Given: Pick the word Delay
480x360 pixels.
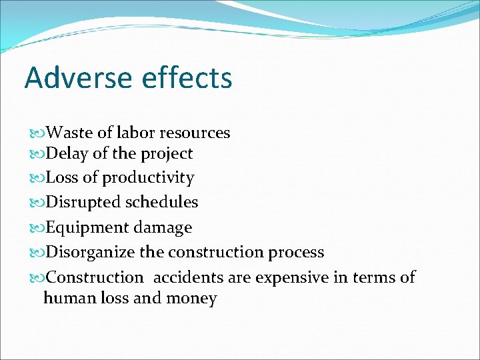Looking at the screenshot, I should click(x=67, y=153).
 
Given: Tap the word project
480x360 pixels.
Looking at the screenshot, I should click(x=167, y=154).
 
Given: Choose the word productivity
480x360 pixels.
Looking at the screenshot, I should click(x=148, y=179).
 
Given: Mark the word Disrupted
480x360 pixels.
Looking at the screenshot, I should click(x=81, y=202).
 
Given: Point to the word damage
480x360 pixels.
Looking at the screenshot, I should click(x=163, y=228).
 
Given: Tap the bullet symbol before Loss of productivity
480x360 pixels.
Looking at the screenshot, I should click(x=37, y=179).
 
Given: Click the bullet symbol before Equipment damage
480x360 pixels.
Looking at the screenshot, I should click(x=37, y=228).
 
